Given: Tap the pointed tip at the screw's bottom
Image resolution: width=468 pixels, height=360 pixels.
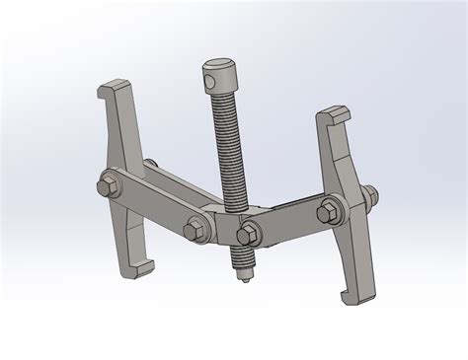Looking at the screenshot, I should [241, 283].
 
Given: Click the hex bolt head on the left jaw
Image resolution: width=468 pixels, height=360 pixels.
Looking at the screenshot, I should [106, 186].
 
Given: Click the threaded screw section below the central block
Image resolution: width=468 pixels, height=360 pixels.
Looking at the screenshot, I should [238, 261].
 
